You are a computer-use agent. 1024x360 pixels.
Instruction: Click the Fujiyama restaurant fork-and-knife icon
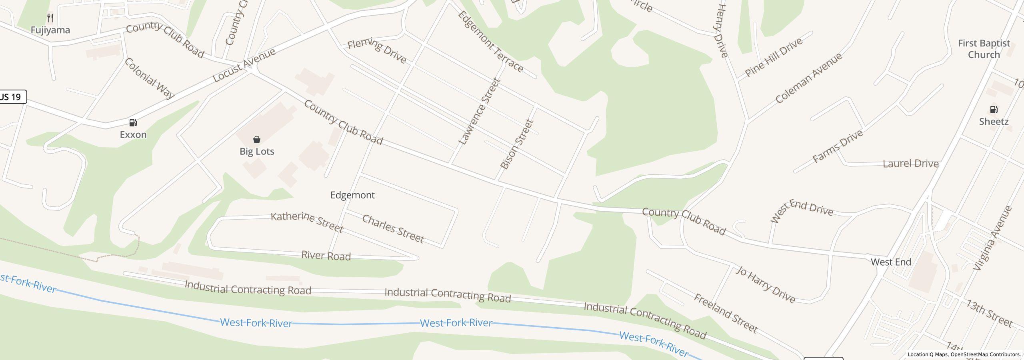(50, 18)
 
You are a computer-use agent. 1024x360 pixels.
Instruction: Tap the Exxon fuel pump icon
(133, 123)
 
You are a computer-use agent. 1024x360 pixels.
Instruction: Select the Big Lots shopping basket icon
(257, 140)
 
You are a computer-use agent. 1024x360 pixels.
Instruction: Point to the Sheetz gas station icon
(994, 110)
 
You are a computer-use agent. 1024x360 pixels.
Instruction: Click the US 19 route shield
(12, 97)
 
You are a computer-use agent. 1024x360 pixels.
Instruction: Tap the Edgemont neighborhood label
(352, 195)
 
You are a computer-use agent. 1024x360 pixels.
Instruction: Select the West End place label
(891, 262)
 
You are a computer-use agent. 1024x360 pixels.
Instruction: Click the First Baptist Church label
(984, 49)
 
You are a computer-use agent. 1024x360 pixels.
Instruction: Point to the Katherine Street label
(307, 222)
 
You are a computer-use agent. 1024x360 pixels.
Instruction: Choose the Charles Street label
(393, 229)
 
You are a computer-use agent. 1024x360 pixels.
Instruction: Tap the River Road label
(326, 256)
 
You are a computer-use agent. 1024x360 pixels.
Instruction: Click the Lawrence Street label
(480, 111)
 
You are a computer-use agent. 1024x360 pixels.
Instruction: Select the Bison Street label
(517, 144)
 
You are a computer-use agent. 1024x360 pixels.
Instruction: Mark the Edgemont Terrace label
(490, 42)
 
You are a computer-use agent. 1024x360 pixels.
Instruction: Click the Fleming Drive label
(377, 51)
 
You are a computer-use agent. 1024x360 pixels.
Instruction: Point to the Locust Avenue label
(244, 65)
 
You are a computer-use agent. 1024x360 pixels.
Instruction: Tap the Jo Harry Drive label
(766, 284)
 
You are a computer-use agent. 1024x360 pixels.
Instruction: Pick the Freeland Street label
(726, 314)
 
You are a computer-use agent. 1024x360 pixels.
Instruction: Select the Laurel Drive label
(910, 164)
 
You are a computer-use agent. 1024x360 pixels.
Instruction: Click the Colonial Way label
(149, 78)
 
